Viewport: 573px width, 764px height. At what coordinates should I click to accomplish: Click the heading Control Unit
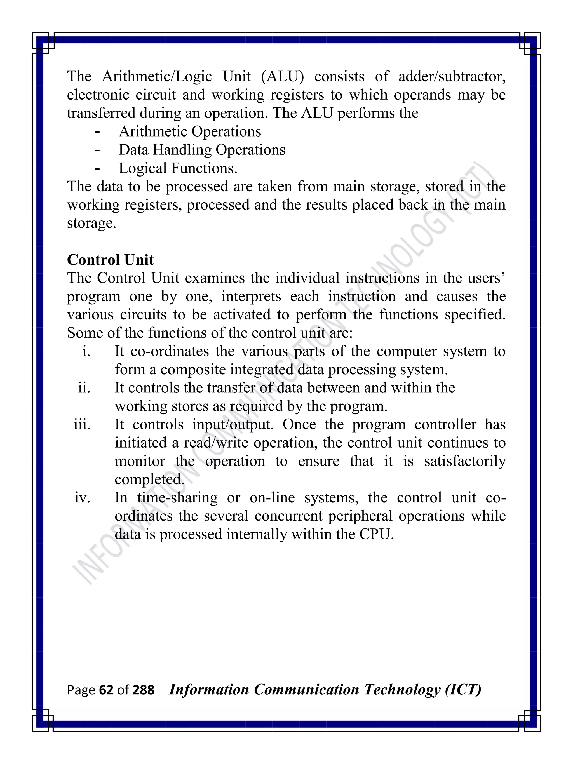click(110, 260)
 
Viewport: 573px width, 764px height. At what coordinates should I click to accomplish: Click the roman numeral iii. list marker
click(82, 424)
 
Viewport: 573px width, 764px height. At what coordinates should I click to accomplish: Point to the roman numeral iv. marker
click(83, 498)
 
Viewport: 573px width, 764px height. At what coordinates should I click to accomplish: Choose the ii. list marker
click(84, 388)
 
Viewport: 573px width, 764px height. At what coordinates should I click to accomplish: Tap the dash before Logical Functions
click(97, 168)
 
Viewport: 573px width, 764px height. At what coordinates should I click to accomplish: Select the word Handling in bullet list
click(182, 150)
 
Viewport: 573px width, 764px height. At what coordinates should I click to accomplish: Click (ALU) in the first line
click(282, 77)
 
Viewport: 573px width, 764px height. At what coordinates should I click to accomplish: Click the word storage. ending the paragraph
click(91, 224)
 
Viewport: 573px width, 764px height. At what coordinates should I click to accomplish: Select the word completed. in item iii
click(149, 480)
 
